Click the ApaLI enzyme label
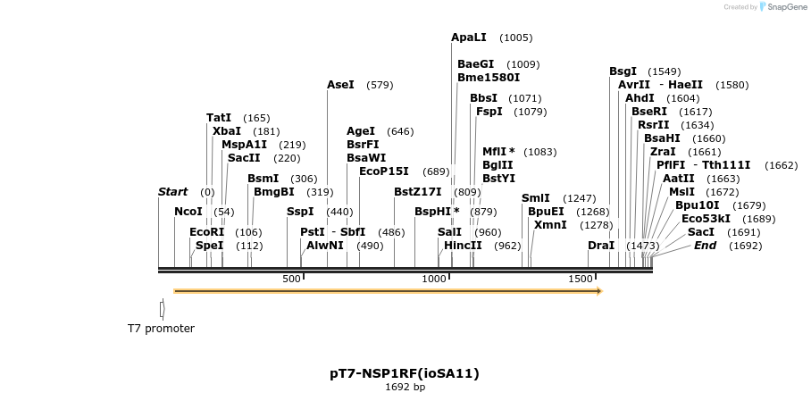point(469,38)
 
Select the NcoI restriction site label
point(188,212)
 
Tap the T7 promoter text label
point(161,329)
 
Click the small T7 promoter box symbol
point(162,309)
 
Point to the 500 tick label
point(291,280)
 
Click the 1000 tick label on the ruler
point(434,280)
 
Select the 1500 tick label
point(581,280)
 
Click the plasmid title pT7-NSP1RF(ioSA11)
point(405,373)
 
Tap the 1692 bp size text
point(405,388)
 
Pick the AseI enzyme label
point(340,85)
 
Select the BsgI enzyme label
point(623,71)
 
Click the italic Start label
point(172,192)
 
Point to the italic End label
point(705,246)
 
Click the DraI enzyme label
point(601,246)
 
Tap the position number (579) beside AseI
point(380,85)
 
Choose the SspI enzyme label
point(300,212)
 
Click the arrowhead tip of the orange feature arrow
point(601,291)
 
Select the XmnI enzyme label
point(550,225)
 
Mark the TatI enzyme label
point(219,118)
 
